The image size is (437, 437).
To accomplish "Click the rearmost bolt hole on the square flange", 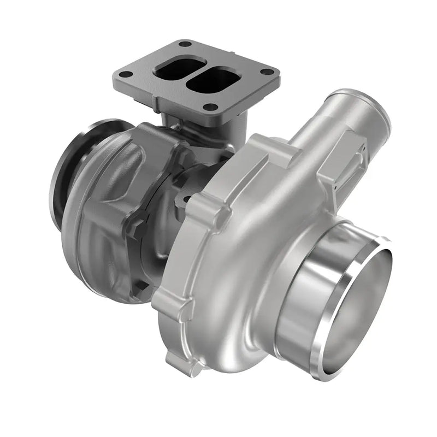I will pyautogui.click(x=185, y=44).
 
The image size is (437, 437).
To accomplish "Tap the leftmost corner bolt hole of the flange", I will pyautogui.click(x=126, y=74).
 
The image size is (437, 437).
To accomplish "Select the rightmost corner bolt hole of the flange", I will pyautogui.click(x=267, y=72).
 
